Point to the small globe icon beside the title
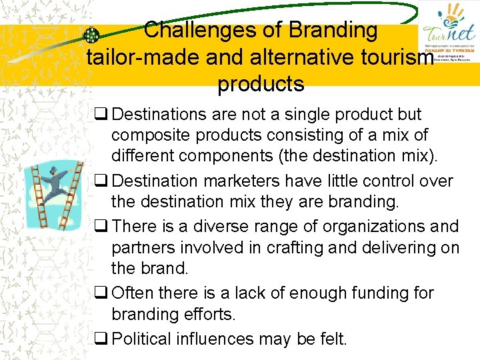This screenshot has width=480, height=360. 91,35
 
